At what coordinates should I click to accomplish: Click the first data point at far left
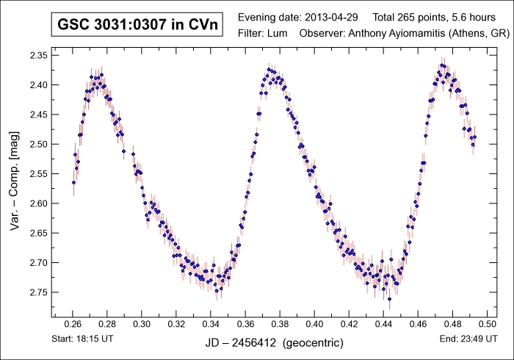pyautogui.click(x=73, y=182)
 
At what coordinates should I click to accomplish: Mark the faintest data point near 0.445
pyautogui.click(x=389, y=299)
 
